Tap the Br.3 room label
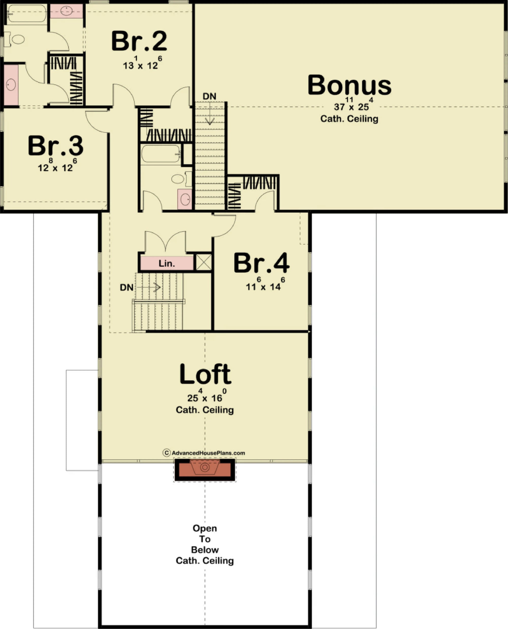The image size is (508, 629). click(x=56, y=146)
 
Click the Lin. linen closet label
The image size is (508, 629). click(x=167, y=264)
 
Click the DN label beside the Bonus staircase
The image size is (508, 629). click(x=210, y=96)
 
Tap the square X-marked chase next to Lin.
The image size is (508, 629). click(x=203, y=262)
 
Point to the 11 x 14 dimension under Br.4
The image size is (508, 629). click(x=263, y=287)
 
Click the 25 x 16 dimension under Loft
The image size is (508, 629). click(x=204, y=398)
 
